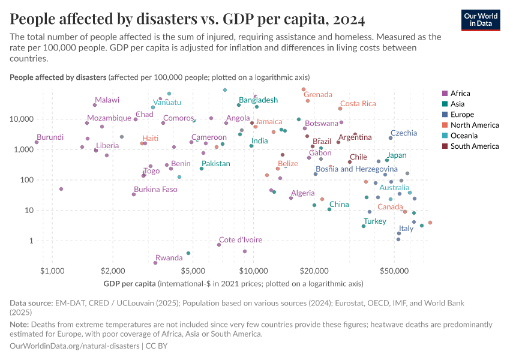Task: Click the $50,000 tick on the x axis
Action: point(394,271)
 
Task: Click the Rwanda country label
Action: point(169,258)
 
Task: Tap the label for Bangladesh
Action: point(258,100)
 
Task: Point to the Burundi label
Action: point(50,137)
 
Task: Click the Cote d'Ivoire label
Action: point(239,240)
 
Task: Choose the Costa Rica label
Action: point(358,104)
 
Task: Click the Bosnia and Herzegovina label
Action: point(356,169)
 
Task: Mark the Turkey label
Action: point(375,221)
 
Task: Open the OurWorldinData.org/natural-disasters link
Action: point(74,346)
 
